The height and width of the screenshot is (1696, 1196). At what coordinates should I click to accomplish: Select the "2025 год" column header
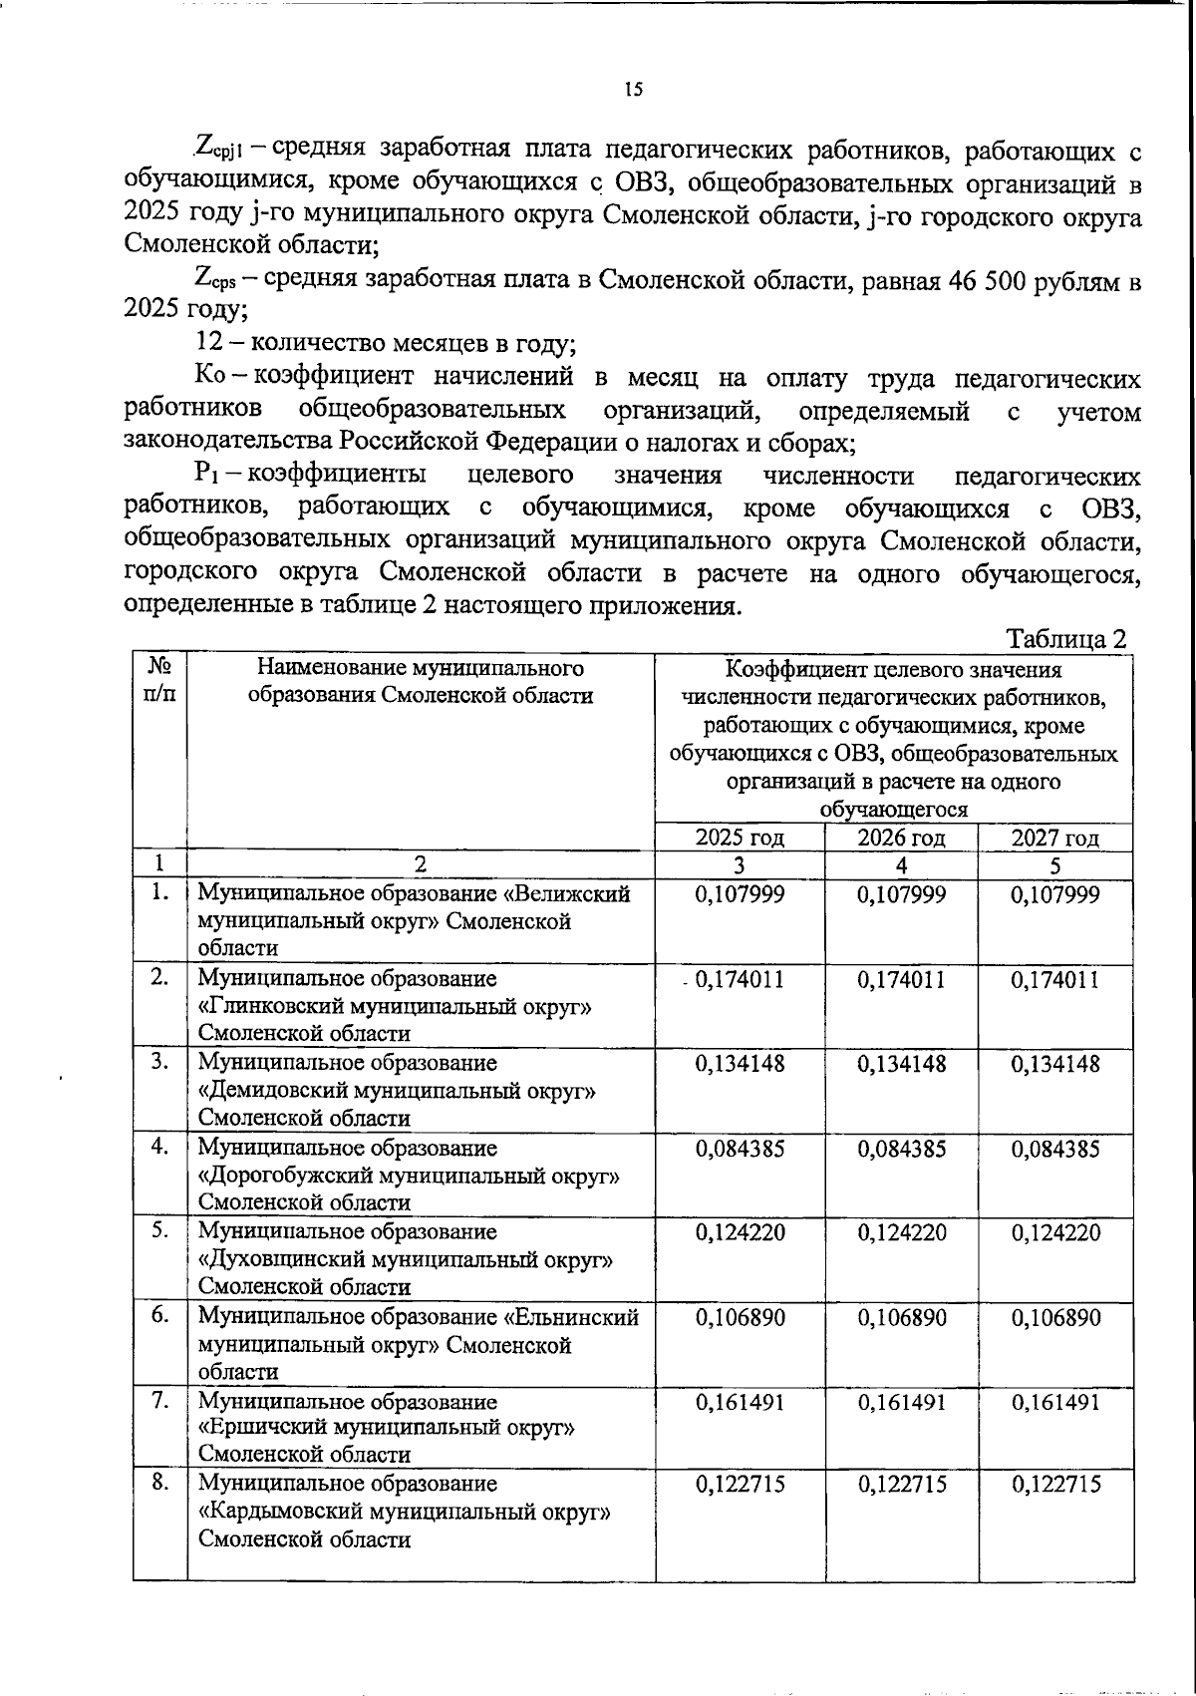coord(740,838)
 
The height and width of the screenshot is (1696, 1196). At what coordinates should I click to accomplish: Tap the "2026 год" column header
coord(901,838)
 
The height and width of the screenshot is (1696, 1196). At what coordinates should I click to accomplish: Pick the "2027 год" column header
coord(1055,838)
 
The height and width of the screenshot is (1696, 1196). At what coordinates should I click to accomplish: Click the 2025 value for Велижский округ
coord(740,894)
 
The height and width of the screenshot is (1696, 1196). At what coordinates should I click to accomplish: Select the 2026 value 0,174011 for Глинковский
coord(901,980)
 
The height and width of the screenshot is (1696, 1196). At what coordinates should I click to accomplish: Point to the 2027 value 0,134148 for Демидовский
coord(1055,1064)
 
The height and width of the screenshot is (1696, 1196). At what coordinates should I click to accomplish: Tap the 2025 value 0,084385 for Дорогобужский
coord(740,1149)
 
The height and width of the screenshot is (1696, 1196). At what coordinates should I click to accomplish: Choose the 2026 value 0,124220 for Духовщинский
coord(901,1233)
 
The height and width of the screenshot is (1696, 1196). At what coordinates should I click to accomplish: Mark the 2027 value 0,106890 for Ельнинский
coord(1055,1318)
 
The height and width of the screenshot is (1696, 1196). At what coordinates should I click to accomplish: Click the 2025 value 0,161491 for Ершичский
coord(740,1402)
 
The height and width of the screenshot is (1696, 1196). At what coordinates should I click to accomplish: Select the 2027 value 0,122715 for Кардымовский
coord(1055,1485)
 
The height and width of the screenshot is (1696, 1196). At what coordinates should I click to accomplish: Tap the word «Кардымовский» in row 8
coord(283,1512)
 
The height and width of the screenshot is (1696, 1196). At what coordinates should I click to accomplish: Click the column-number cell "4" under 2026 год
coord(901,864)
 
